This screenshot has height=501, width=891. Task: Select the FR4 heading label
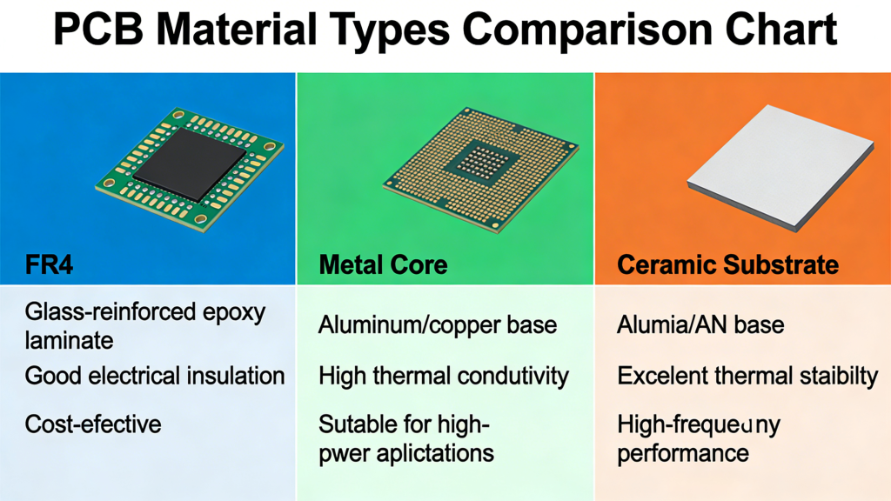50,264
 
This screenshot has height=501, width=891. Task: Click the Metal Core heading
383,264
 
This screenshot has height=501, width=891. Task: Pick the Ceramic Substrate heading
728,264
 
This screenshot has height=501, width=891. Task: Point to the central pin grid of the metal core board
480,161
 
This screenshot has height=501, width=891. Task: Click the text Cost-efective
93,424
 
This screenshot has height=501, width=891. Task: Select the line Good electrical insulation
155,376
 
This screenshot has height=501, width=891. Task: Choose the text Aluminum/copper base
438,325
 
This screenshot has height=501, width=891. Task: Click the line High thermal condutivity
444,376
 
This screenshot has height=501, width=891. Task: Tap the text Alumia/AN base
700,325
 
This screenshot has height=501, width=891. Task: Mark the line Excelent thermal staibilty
747,376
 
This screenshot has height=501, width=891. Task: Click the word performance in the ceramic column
683,452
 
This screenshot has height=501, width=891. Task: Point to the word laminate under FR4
70,339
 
